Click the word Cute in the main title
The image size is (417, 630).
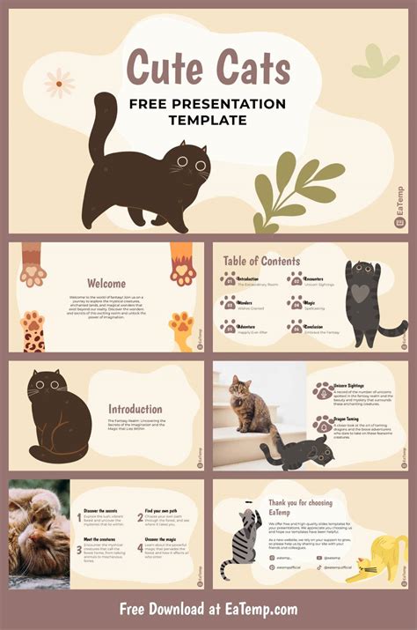click(165, 69)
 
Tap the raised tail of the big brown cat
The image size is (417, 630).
click(104, 123)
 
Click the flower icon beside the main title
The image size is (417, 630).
click(59, 83)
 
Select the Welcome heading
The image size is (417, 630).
click(106, 284)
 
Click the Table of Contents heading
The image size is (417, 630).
click(261, 261)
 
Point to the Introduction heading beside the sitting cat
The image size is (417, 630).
click(135, 409)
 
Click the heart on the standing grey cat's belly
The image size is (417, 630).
click(362, 292)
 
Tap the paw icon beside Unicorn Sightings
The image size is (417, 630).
click(322, 390)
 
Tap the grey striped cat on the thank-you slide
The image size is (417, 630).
click(239, 545)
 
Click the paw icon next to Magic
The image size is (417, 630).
click(296, 302)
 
